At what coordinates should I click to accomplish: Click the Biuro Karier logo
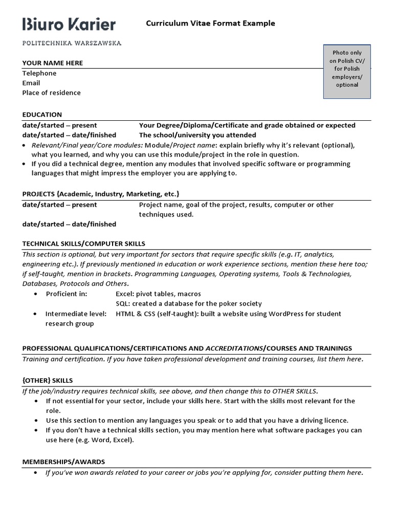(x=69, y=24)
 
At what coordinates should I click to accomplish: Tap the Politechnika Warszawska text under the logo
(x=72, y=43)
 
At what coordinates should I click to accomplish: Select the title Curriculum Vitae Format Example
(x=210, y=23)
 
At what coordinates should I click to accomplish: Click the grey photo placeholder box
(x=347, y=71)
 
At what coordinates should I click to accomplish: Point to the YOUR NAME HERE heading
(x=52, y=63)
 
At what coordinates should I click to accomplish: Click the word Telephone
(x=39, y=73)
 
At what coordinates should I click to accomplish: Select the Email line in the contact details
(x=31, y=83)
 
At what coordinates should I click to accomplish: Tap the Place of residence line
(x=51, y=93)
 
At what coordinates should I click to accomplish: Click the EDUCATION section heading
(x=42, y=115)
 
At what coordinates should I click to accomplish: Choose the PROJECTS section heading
(x=100, y=194)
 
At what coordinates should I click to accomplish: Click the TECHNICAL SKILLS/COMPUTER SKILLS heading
(x=83, y=244)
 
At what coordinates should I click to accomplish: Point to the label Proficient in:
(x=67, y=294)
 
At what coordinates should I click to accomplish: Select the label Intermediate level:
(x=76, y=314)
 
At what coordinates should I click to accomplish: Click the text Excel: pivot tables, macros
(x=158, y=294)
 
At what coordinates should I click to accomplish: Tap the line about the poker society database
(x=189, y=303)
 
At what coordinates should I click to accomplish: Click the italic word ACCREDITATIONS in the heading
(x=234, y=348)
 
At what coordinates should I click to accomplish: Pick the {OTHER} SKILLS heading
(x=47, y=381)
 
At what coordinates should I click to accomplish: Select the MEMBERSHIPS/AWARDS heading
(x=63, y=462)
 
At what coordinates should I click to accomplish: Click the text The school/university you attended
(x=198, y=135)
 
